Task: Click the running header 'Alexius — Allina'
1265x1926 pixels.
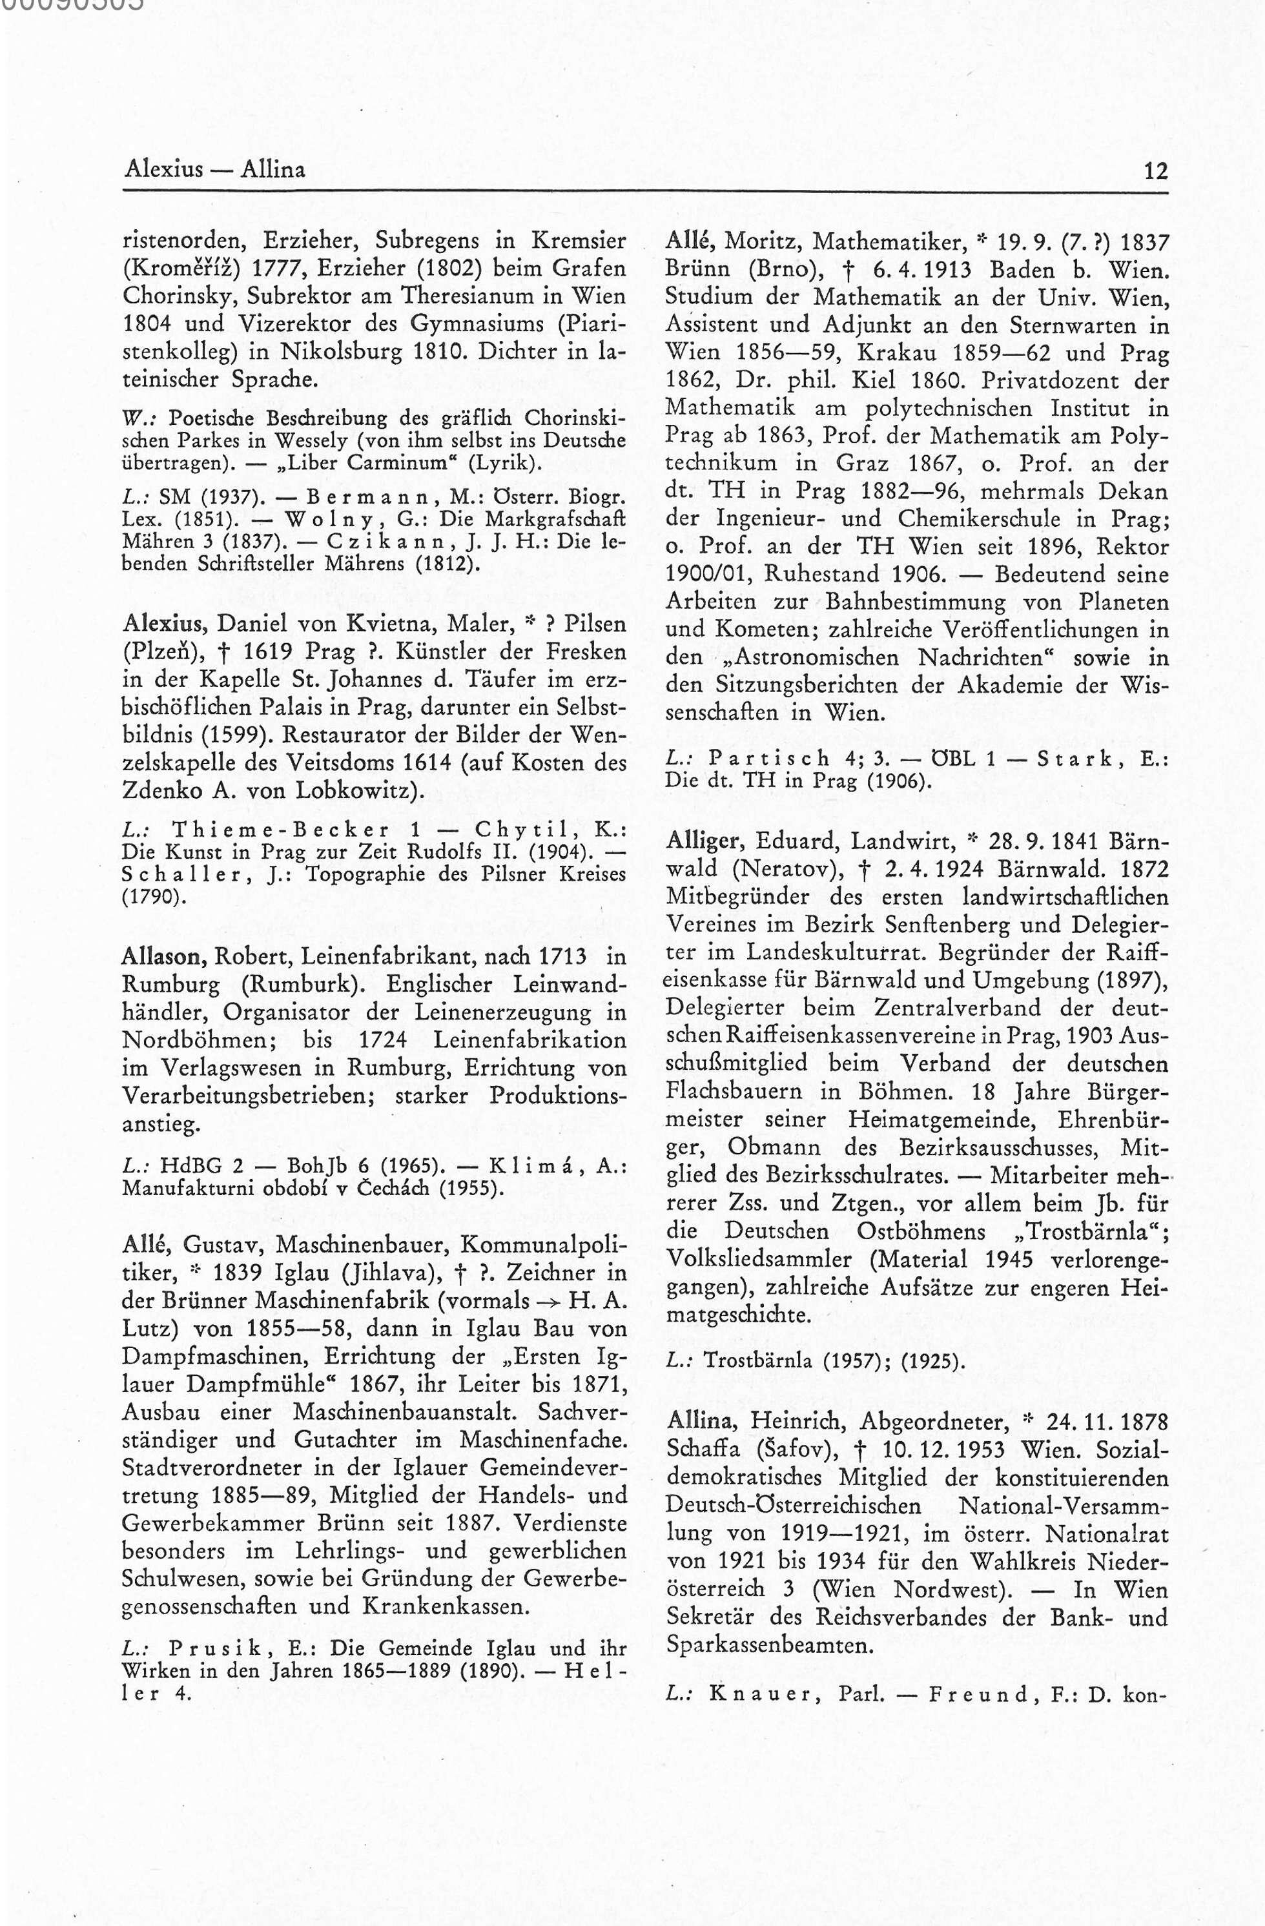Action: (215, 170)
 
